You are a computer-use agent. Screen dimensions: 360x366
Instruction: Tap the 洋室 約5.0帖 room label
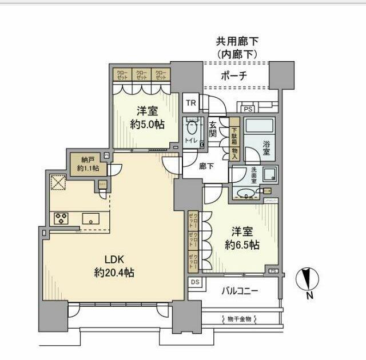pos(147,117)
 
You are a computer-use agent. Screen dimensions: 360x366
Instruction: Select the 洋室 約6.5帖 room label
pos(242,238)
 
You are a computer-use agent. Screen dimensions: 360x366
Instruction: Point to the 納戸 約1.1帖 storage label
pos(88,165)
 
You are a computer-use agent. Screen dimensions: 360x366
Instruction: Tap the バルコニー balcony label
pos(240,291)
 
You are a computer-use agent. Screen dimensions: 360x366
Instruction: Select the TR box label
pos(190,103)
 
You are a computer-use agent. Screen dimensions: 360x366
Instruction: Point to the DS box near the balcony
pos(194,282)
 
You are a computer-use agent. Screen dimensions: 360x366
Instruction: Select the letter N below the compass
pos(309,297)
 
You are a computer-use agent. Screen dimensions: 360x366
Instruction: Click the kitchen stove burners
pos(61,218)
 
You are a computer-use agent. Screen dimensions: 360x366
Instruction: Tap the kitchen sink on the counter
pos(90,218)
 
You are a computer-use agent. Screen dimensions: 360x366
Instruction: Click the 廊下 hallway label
pos(206,167)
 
